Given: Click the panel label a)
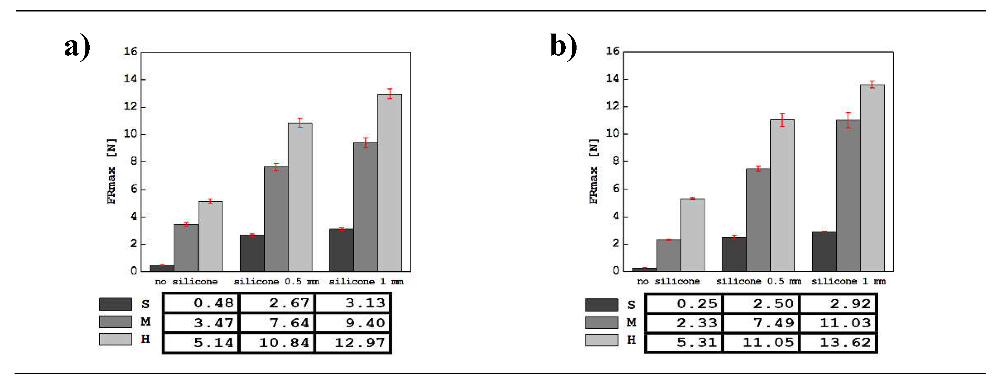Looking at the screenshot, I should click(77, 46).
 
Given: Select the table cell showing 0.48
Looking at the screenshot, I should click(201, 303).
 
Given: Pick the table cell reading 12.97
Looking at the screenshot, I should click(353, 342).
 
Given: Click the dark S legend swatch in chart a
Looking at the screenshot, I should click(116, 304).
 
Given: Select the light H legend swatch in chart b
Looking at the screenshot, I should click(601, 340).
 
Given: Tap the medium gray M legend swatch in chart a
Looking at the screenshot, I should click(116, 321).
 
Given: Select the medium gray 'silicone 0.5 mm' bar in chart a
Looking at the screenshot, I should click(276, 219).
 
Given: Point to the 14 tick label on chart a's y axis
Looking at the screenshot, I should click(130, 79).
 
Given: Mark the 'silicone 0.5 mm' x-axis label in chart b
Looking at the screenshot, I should click(758, 281).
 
